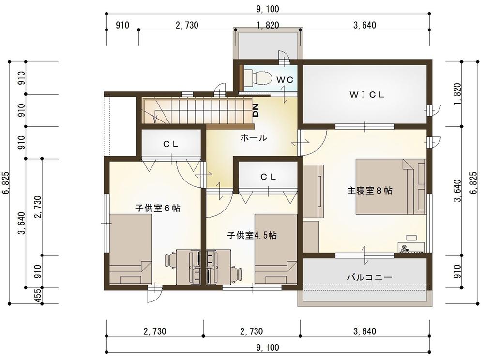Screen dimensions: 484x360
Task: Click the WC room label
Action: [x=285, y=80]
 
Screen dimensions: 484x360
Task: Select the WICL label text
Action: [x=367, y=95]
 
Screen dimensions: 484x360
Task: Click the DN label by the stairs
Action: [x=256, y=110]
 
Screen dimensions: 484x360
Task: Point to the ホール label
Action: [x=254, y=137]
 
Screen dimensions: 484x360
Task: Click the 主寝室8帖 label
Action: [x=370, y=191]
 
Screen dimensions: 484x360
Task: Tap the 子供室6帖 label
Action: [x=158, y=208]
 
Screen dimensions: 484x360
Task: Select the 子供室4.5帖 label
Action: [x=252, y=235]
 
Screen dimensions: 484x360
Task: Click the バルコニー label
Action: [x=369, y=277]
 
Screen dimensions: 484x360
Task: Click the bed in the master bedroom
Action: [x=391, y=186]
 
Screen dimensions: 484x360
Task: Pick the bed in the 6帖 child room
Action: [x=131, y=249]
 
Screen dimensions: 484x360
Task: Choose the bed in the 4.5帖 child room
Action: [x=276, y=249]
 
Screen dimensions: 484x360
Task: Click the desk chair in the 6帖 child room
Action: [x=171, y=260]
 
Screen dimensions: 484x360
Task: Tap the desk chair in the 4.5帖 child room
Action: [x=237, y=273]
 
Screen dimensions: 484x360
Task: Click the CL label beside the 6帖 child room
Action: [x=171, y=144]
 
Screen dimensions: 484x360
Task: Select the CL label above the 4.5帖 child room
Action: [x=268, y=177]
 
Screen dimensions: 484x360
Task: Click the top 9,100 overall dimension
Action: [x=268, y=9]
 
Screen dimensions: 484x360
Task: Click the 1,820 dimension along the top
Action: [x=268, y=25]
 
